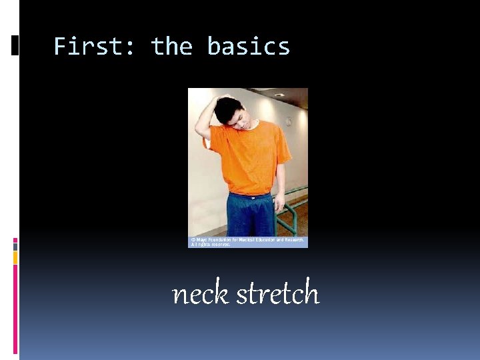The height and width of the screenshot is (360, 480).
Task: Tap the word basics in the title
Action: point(248,47)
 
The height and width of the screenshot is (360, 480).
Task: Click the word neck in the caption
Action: point(200,293)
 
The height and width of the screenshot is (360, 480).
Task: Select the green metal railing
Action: point(293,210)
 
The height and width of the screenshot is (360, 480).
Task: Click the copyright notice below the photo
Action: point(247,241)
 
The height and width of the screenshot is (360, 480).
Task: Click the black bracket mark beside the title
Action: point(15,45)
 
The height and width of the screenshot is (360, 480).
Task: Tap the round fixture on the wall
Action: point(288,121)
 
